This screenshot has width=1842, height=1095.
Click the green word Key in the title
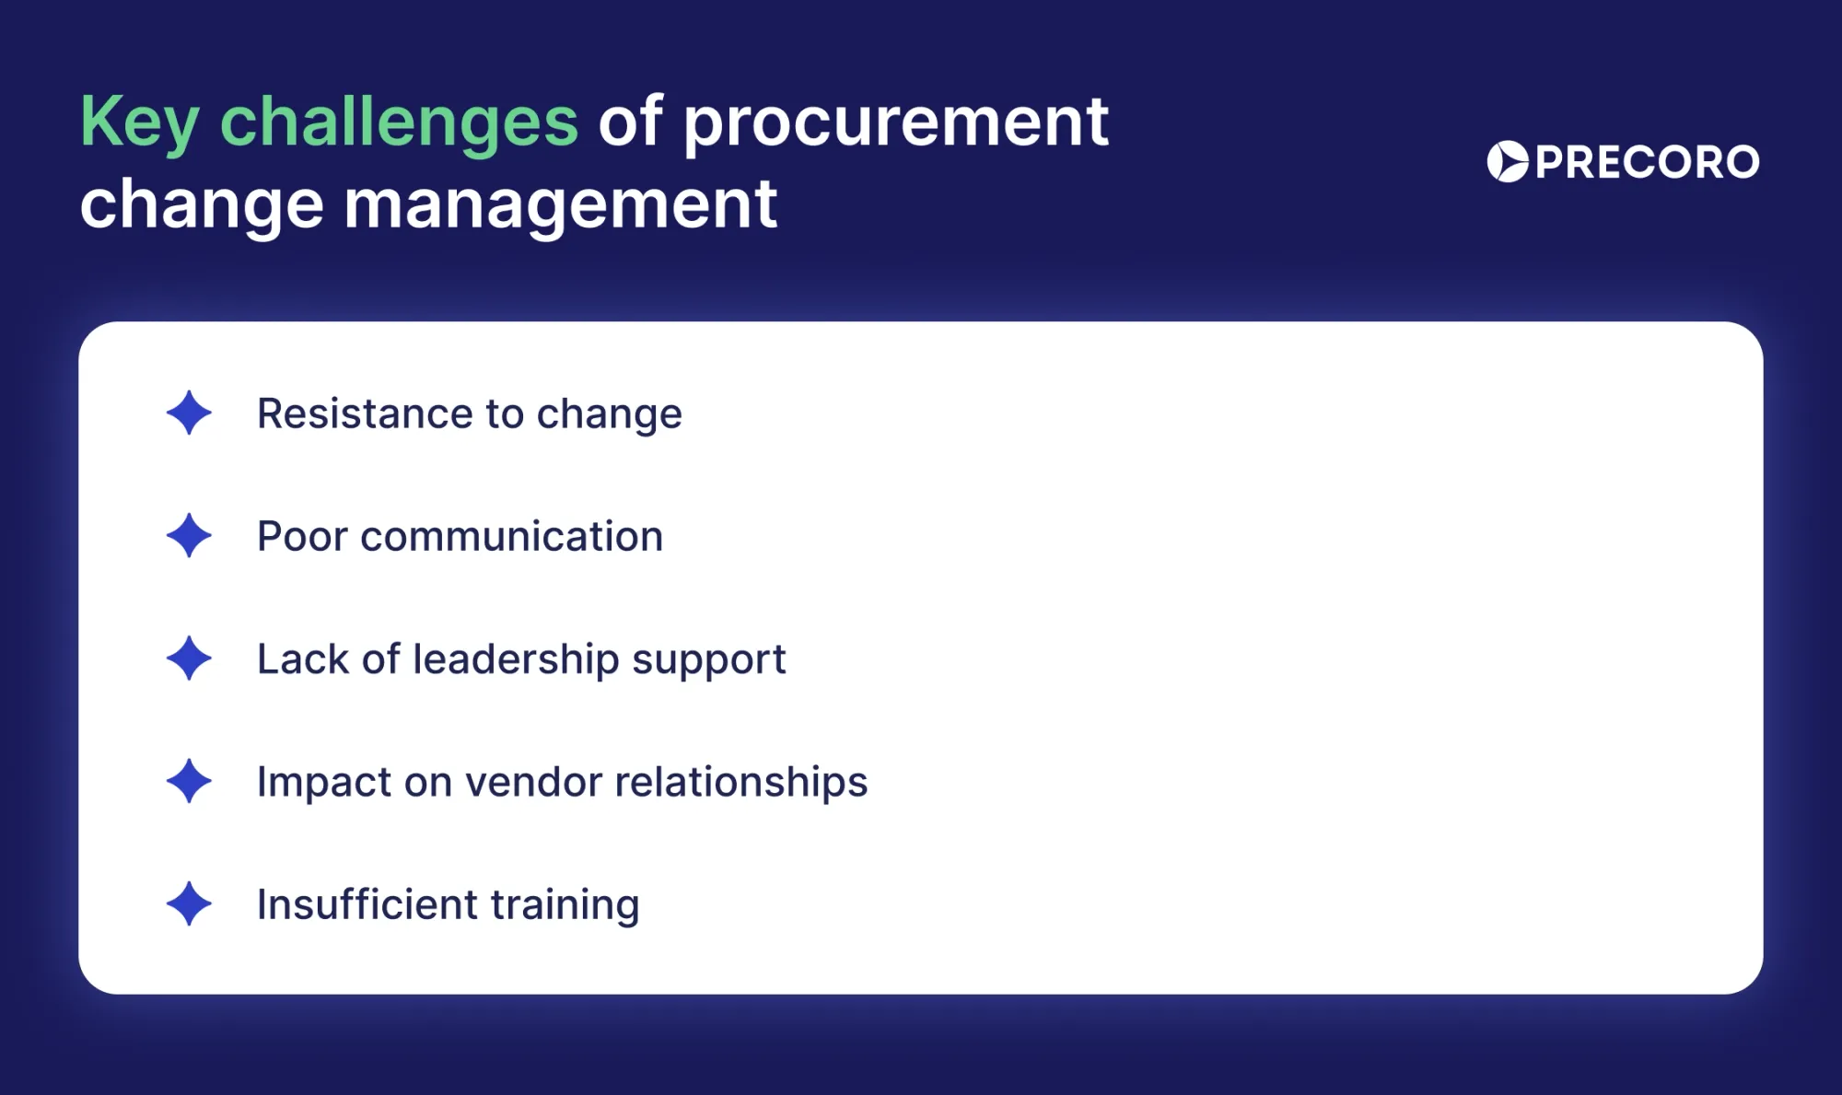[139, 122]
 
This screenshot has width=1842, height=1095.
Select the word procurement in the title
[895, 122]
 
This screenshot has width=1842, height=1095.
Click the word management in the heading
[560, 204]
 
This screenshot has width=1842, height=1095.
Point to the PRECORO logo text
[1647, 162]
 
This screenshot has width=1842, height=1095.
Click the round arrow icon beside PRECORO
[1508, 162]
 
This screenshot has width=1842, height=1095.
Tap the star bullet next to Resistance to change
[189, 413]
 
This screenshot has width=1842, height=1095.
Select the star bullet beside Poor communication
[189, 535]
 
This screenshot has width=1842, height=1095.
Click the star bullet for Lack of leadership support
[189, 658]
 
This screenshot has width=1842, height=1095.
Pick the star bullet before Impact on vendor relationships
[189, 781]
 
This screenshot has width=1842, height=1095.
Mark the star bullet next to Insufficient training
[189, 903]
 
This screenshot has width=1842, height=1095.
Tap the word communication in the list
[511, 536]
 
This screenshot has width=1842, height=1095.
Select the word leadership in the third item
[516, 659]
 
